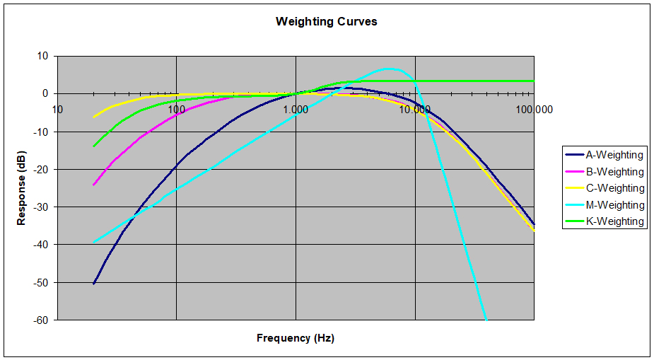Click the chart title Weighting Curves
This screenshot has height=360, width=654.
tap(326, 21)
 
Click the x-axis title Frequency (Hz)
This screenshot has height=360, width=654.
tap(295, 338)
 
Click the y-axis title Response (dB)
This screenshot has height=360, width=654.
tap(22, 188)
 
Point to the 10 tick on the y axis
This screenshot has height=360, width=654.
tap(42, 56)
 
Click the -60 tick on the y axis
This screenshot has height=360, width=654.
tap(41, 320)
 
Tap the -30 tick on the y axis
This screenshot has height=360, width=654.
tap(41, 207)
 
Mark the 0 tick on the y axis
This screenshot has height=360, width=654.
tap(45, 93)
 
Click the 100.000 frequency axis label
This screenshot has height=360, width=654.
tap(534, 109)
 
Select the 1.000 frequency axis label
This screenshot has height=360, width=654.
tap(296, 109)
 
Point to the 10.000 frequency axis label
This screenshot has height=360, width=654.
tap(415, 109)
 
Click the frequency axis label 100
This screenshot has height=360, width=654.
tap(176, 109)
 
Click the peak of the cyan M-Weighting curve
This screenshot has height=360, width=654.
tap(388, 69)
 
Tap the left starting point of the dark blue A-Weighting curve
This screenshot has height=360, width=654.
tap(93, 284)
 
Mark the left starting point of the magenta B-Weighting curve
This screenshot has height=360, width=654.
tap(93, 185)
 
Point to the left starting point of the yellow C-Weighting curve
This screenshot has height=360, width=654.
tap(93, 117)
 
